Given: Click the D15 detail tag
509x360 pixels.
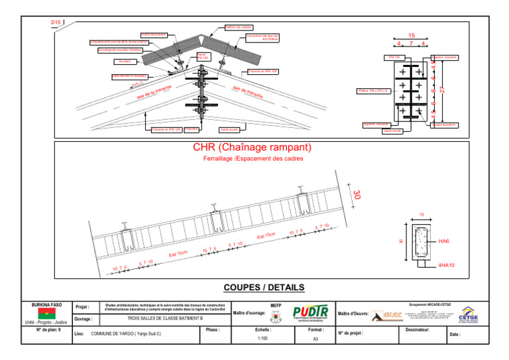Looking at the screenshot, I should point(56,23).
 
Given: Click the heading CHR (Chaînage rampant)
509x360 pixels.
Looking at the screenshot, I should point(252,147).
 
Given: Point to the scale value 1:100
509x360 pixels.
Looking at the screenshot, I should point(262,338).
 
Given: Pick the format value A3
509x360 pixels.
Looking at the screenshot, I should point(315,338).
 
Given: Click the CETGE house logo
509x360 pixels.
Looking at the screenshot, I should point(467,314).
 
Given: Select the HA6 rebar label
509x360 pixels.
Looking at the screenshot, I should point(444,241).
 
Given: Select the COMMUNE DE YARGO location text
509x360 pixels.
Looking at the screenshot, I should point(126,333).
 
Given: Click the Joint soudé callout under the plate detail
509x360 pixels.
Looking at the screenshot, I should point(392,131).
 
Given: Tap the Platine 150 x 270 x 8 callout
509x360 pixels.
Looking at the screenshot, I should point(372,90).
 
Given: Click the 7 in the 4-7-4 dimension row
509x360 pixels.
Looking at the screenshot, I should point(412,44).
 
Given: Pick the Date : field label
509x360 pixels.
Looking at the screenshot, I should point(455,334).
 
